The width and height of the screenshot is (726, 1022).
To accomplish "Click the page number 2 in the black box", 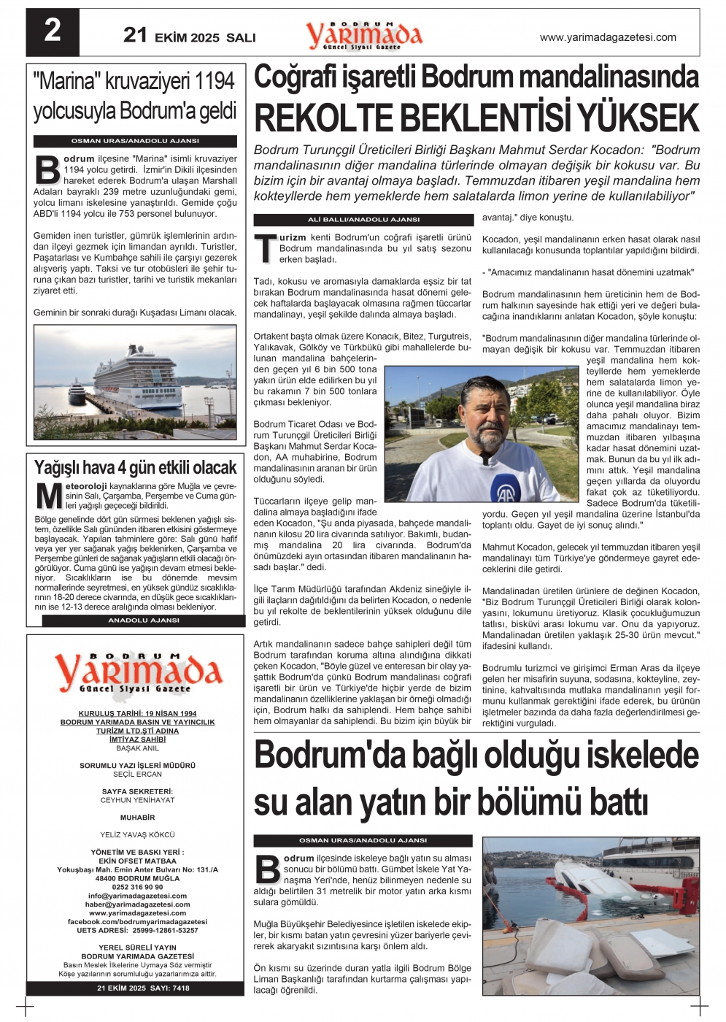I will (53, 31).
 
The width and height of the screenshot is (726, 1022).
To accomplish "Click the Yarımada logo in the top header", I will (364, 35).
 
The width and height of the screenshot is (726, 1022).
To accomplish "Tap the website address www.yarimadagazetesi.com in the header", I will (607, 37).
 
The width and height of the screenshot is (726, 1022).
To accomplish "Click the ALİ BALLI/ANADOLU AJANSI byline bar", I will (363, 219).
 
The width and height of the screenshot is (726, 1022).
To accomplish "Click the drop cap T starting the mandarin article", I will (264, 248).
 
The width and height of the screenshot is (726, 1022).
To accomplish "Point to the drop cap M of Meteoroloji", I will (48, 496).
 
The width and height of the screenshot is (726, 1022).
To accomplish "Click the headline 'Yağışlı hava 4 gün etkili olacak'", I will (135, 467).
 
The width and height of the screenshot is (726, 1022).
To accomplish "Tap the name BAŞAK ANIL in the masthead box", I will (137, 748).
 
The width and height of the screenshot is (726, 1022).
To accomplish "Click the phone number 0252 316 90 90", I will (137, 887).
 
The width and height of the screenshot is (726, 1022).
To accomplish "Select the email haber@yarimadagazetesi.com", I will (137, 904).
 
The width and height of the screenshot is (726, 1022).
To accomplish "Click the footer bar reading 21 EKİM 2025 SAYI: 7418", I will (143, 988).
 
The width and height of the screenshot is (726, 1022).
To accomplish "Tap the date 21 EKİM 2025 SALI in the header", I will (189, 36).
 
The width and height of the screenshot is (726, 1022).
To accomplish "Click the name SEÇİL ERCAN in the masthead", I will (137, 774).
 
